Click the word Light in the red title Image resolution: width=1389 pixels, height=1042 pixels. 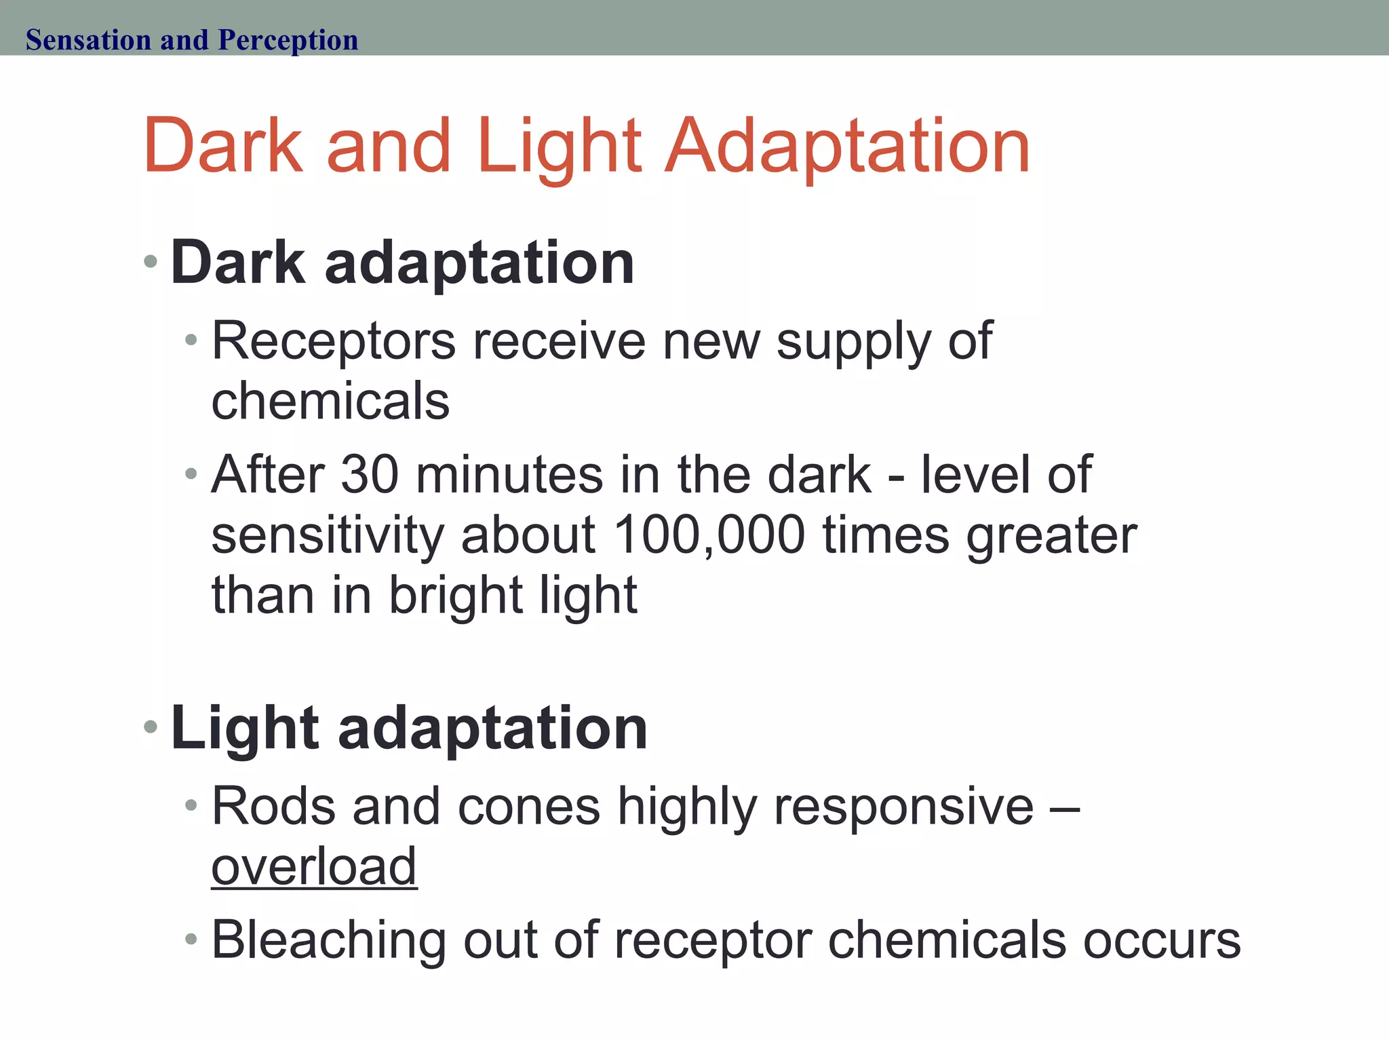(x=559, y=146)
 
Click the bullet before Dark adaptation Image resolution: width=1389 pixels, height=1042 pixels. (x=151, y=261)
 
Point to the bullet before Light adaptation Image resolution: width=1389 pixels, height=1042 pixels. (x=151, y=727)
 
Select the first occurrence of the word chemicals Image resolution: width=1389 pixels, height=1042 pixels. (x=330, y=400)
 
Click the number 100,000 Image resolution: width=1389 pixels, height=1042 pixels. (x=709, y=535)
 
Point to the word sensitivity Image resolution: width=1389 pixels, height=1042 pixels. (x=328, y=535)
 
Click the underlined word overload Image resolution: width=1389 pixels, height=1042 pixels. (x=314, y=866)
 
